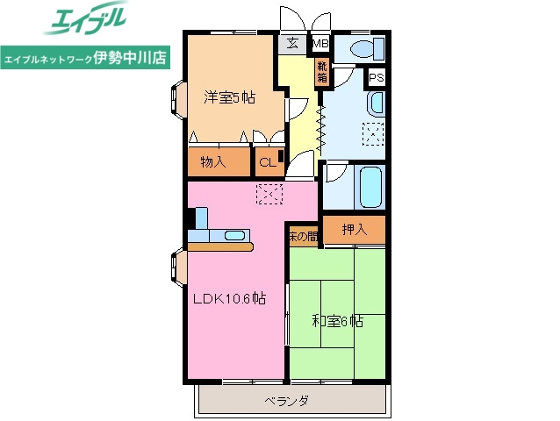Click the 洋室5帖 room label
click(230, 98)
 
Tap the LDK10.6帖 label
click(229, 299)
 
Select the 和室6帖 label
click(337, 321)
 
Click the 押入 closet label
click(354, 230)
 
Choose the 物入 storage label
click(212, 161)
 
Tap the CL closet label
click(266, 161)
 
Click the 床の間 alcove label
click(303, 236)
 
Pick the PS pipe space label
click(376, 78)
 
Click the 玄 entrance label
click(291, 43)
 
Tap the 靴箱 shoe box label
click(323, 70)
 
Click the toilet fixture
click(360, 48)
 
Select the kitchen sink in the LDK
click(234, 235)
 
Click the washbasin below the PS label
click(375, 103)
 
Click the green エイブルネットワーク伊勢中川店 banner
click(87, 59)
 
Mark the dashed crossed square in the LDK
click(269, 195)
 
